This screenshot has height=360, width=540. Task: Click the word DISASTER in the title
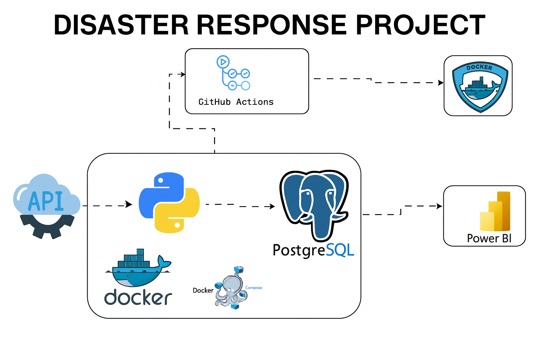(121, 25)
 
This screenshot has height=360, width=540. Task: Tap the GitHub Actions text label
(236, 102)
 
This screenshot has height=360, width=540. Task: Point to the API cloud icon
(46, 197)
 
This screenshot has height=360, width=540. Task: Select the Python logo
(169, 202)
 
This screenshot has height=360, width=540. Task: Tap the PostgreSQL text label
(313, 250)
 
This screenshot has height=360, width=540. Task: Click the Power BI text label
(489, 238)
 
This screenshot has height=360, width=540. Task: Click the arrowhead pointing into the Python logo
(129, 204)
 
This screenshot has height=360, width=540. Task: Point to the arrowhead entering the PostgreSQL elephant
(272, 206)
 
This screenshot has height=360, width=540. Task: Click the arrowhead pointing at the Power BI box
(439, 206)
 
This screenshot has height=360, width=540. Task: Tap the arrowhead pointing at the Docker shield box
(441, 83)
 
